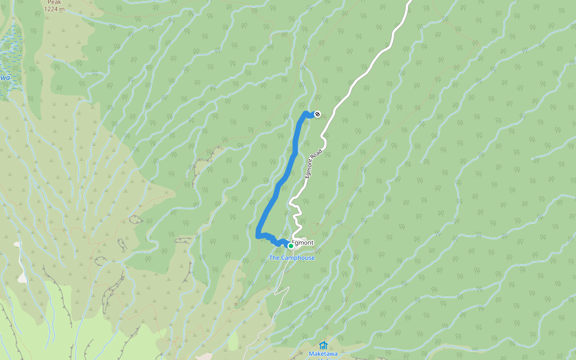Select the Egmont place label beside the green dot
tap(302, 242)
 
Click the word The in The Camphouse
tap(274, 258)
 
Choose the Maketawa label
tap(323, 353)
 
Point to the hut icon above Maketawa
tap(323, 345)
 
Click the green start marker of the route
tap(290, 245)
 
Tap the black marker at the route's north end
tap(317, 114)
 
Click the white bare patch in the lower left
tap(23, 277)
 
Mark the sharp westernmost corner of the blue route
tap(258, 236)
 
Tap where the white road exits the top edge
tap(410, 2)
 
